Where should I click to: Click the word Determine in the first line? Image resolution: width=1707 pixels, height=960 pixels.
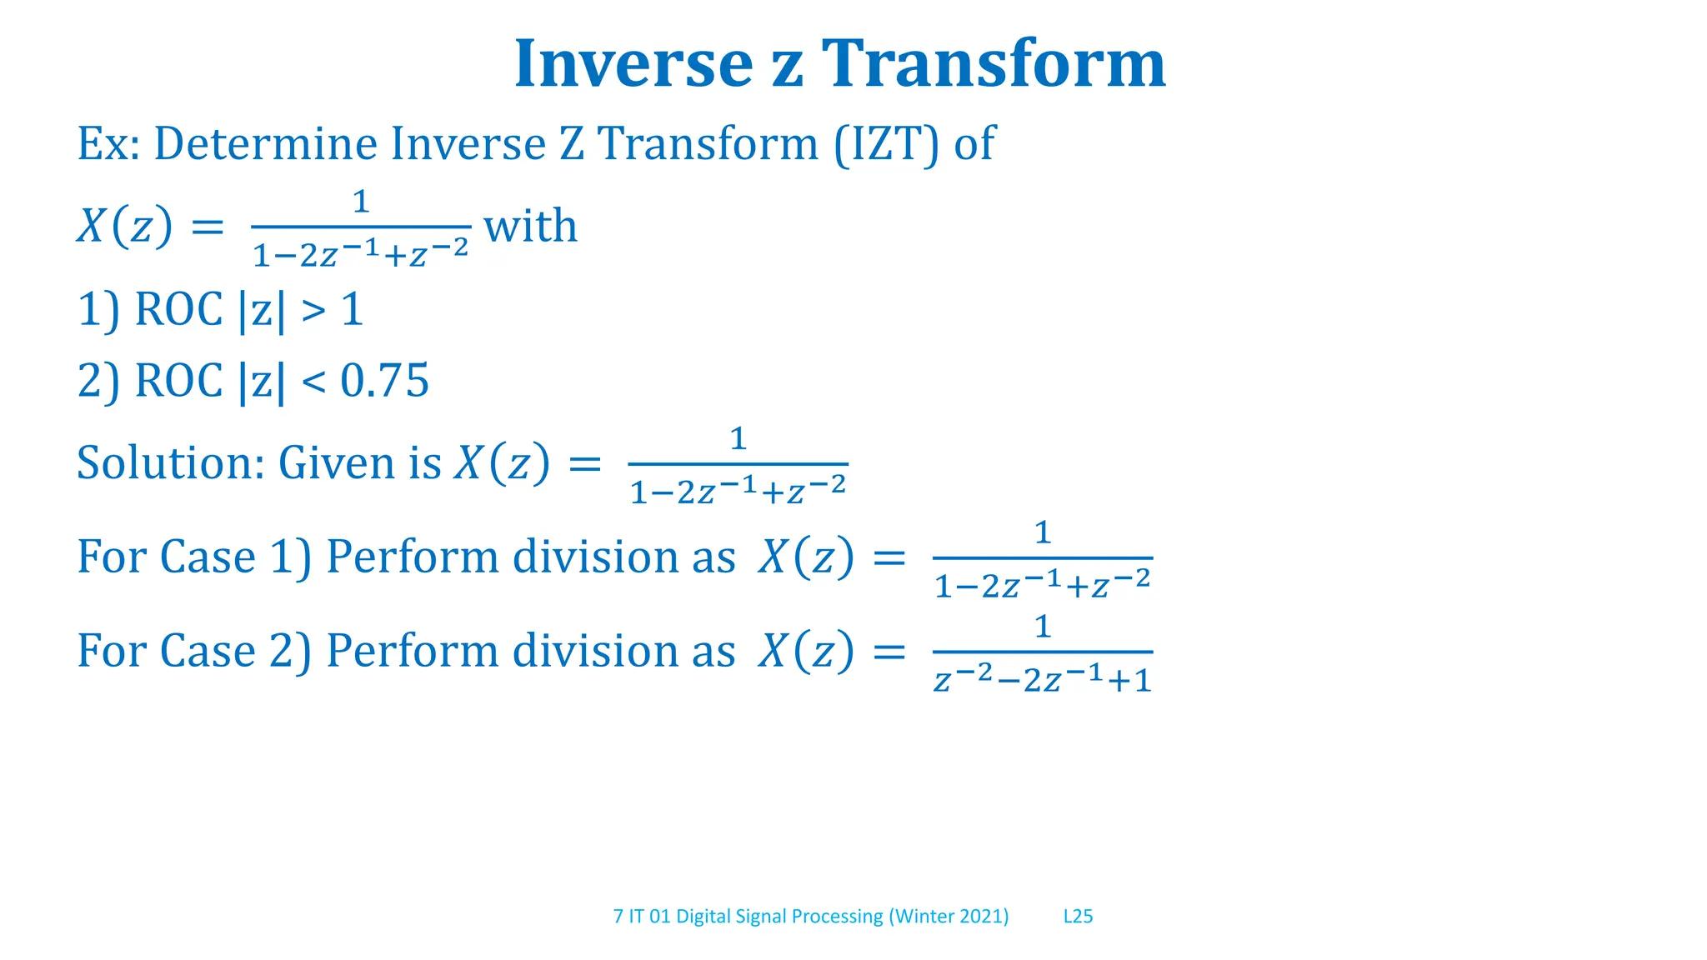[265, 143]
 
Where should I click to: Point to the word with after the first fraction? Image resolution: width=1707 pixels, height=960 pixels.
[531, 226]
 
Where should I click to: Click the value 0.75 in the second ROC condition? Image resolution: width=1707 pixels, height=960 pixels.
[385, 381]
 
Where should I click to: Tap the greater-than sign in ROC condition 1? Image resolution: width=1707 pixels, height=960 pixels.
[313, 311]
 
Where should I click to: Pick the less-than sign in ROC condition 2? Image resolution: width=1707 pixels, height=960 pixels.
[313, 382]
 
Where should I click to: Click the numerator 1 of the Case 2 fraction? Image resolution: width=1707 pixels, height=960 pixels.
[1043, 627]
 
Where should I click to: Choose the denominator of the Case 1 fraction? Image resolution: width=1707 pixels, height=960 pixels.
[1043, 586]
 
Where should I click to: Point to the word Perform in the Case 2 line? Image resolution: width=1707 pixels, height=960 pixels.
[413, 651]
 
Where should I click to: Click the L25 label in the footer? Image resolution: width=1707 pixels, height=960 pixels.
[1078, 917]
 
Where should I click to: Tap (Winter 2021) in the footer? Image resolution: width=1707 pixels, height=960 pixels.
[949, 917]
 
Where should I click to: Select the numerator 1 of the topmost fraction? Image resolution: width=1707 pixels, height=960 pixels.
[361, 202]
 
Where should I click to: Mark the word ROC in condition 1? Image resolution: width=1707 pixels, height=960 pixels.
[178, 310]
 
